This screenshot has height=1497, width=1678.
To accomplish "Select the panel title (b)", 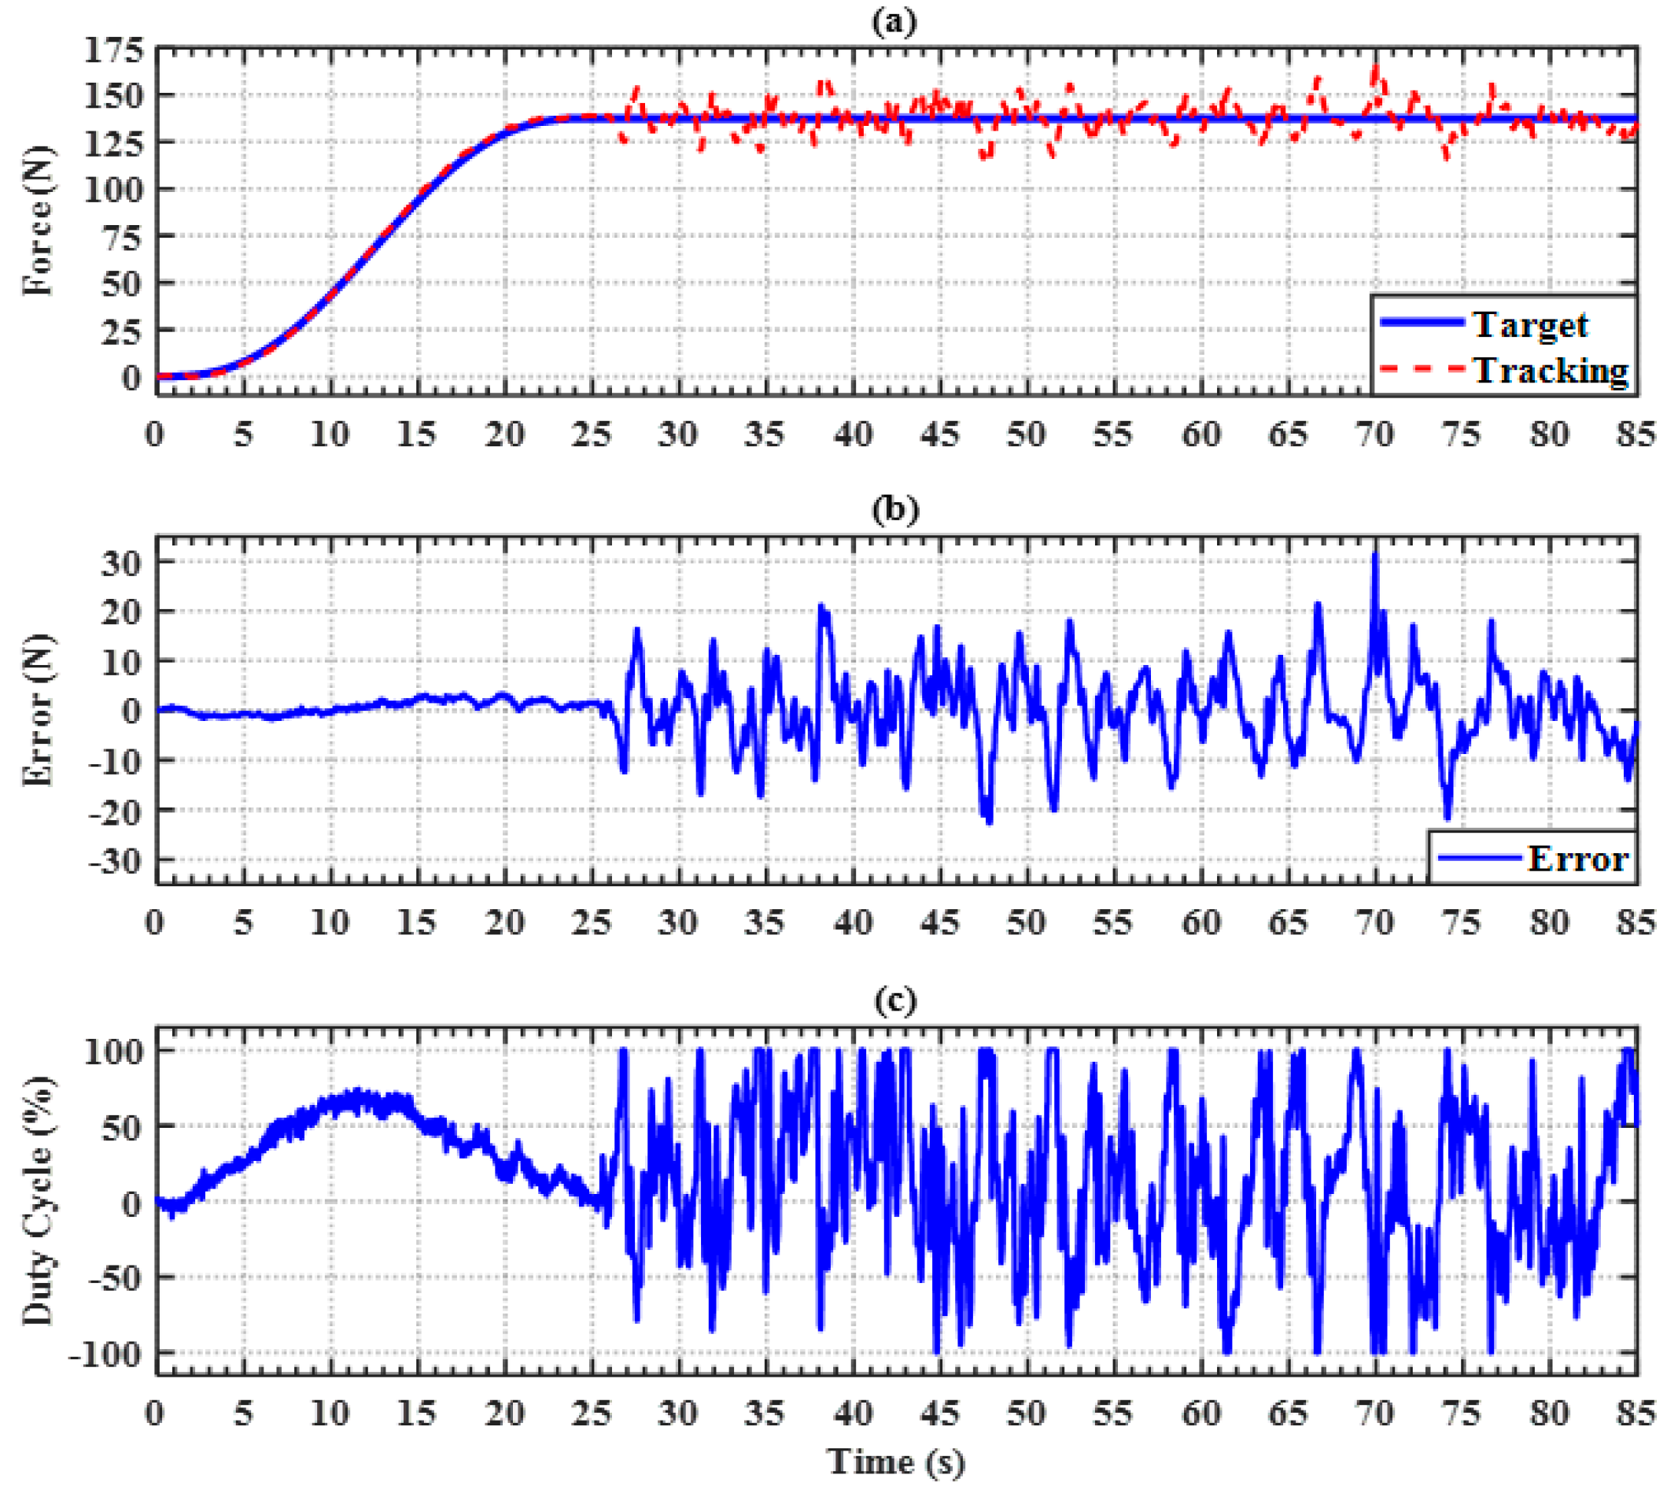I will click(894, 509).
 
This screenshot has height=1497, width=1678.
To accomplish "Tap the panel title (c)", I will click(894, 1000).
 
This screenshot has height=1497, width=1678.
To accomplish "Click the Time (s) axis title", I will click(895, 1462).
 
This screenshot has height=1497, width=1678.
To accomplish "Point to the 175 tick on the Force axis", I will click(114, 51).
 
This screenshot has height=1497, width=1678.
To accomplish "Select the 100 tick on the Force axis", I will click(114, 189).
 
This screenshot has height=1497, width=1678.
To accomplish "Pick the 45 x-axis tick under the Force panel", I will click(939, 434).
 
